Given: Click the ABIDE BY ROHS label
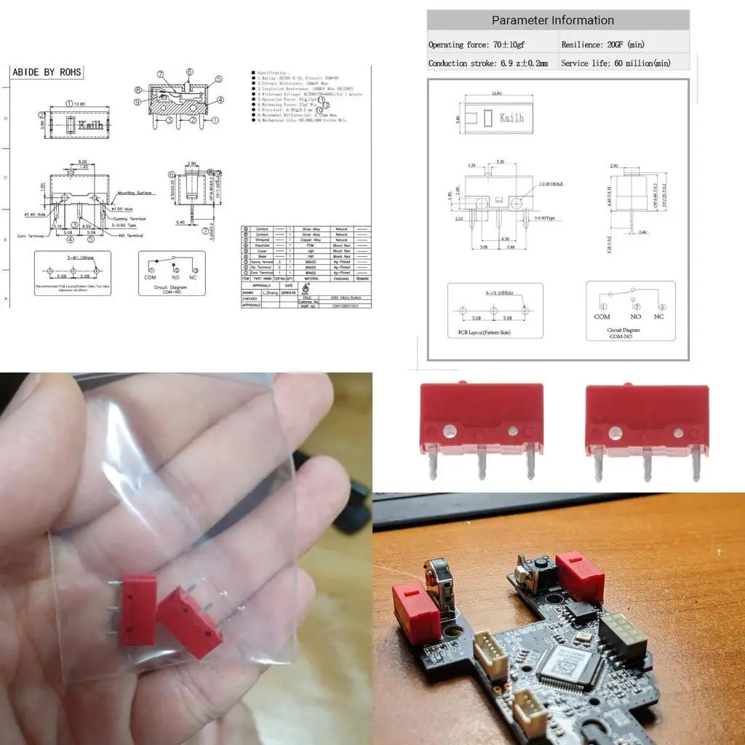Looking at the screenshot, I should click(x=47, y=72).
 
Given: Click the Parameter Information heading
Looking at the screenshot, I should click(x=552, y=20).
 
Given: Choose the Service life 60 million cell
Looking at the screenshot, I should click(x=615, y=63).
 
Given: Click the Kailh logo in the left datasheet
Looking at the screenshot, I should click(x=92, y=125).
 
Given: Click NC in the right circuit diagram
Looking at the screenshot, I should click(x=658, y=316).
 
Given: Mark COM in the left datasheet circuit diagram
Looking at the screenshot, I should click(x=151, y=277).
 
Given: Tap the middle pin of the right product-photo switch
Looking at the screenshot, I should click(x=645, y=466).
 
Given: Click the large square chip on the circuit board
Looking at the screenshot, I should click(x=570, y=667).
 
